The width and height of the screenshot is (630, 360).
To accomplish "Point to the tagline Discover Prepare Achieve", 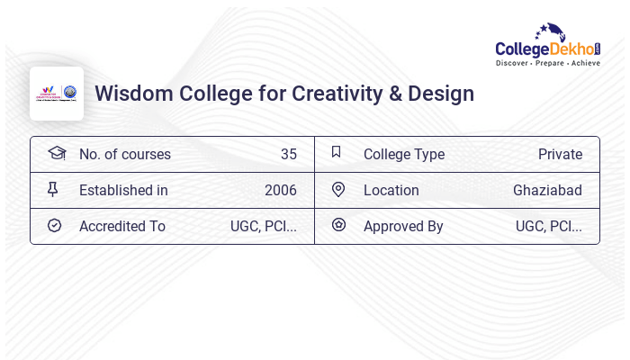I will [x=547, y=64].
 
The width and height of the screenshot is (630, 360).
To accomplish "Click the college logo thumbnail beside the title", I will [x=57, y=94].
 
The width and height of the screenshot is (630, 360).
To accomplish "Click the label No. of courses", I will [x=124, y=154].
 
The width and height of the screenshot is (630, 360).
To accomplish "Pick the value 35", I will [x=288, y=154].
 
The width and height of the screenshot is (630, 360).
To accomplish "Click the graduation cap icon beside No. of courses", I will [x=56, y=153].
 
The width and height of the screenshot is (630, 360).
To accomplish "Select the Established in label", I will [x=123, y=190].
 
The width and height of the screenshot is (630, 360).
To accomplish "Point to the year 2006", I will [x=280, y=190].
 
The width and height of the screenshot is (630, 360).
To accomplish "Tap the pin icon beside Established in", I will [x=53, y=189].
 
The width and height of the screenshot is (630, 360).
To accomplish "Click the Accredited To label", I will [x=121, y=226].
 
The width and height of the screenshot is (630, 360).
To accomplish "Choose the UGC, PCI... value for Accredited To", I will [x=263, y=226].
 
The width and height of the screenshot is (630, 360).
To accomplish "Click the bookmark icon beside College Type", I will [x=337, y=152].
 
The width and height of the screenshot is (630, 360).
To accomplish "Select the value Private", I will [x=560, y=154].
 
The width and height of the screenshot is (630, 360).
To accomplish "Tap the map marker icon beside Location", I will [x=338, y=189].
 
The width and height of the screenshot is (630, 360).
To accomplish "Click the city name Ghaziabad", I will [x=547, y=190].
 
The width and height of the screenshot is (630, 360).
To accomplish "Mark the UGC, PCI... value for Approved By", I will [x=548, y=226].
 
